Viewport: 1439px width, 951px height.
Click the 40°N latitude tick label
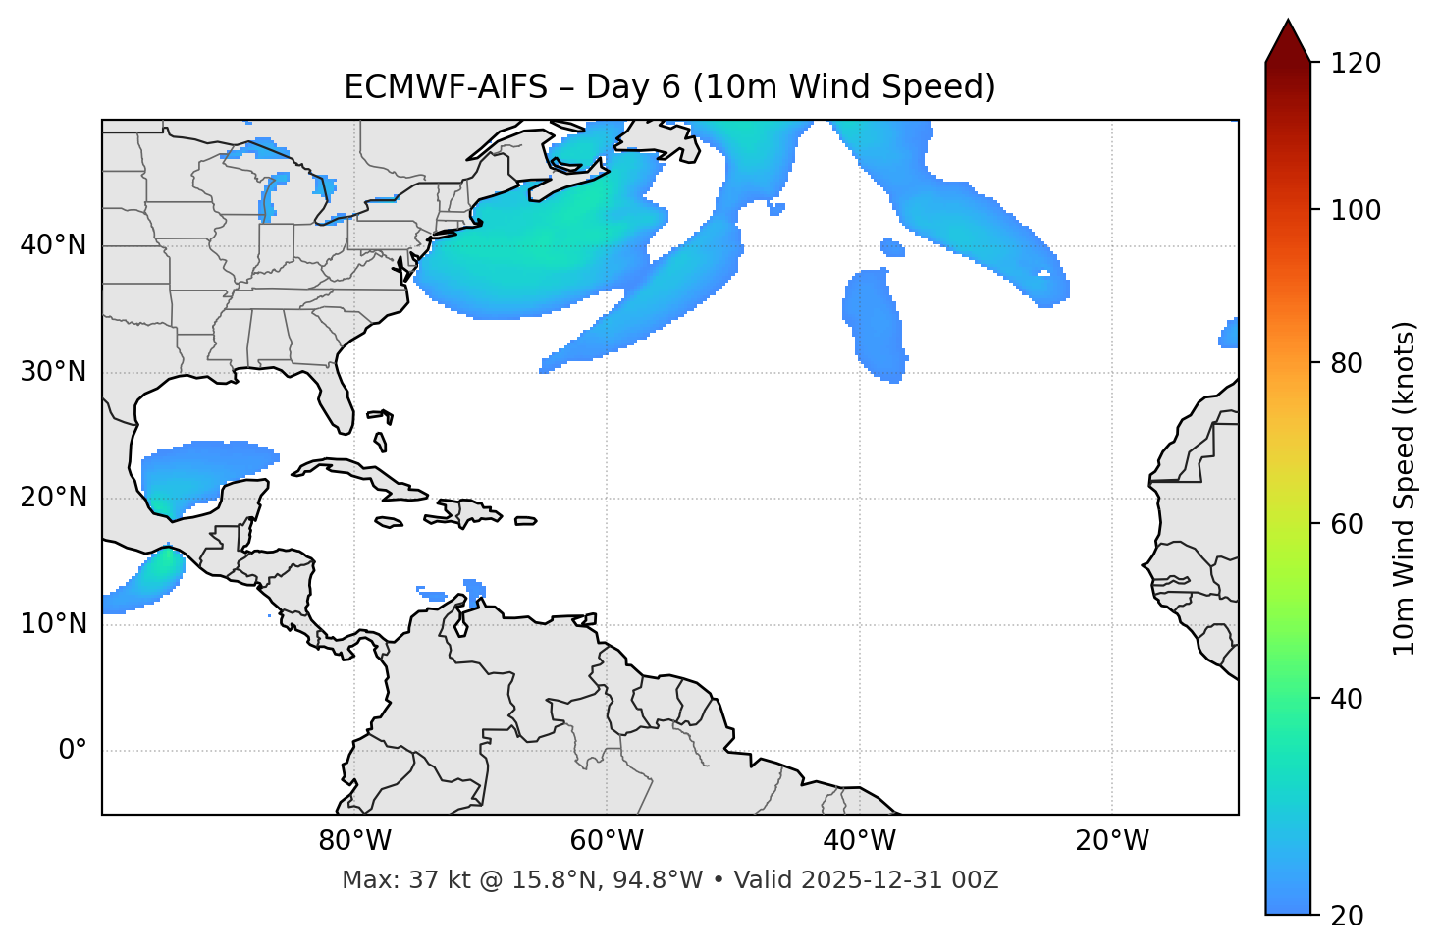tap(53, 245)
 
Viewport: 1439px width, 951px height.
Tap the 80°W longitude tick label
tap(354, 841)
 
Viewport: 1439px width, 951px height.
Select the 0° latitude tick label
tap(73, 751)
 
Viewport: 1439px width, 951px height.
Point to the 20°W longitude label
tap(1112, 841)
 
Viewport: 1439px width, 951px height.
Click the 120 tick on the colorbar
tap(1356, 63)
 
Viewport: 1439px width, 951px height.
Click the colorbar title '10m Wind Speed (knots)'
tap(1405, 488)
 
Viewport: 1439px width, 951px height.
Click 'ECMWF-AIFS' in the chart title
tap(446, 87)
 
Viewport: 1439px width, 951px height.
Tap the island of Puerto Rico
tap(525, 521)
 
